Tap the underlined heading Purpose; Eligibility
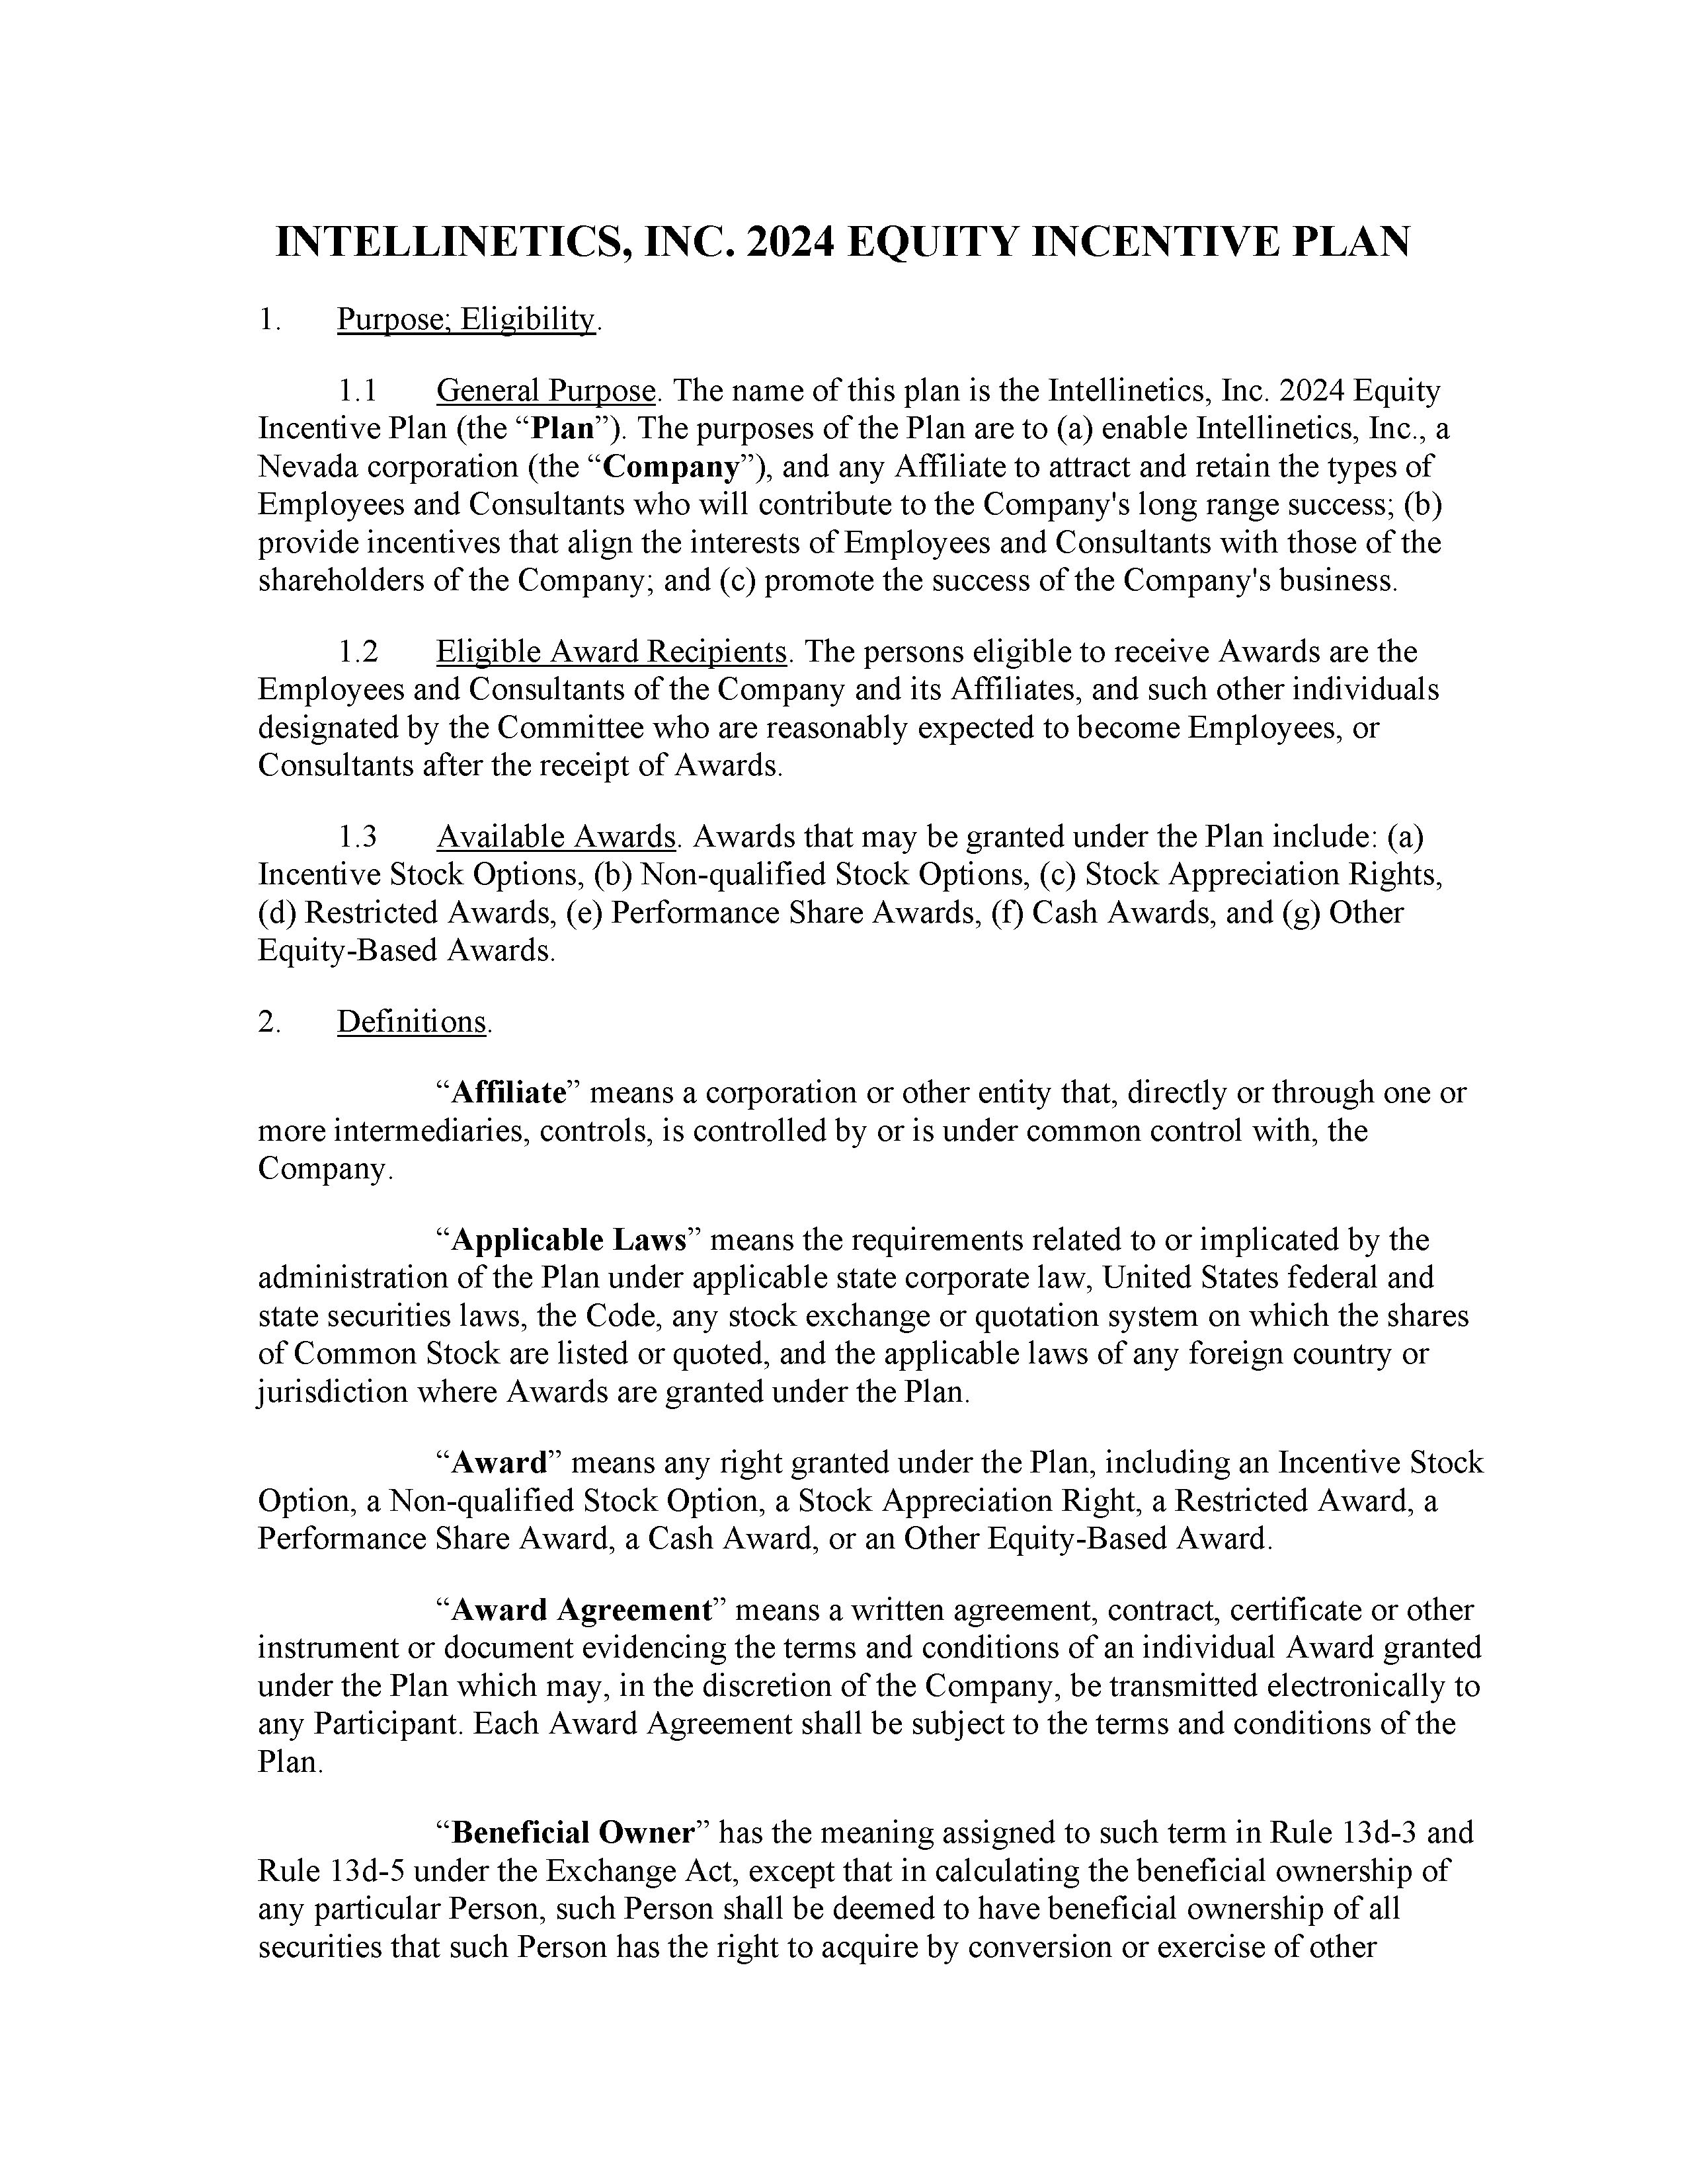(x=466, y=320)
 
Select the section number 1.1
(x=356, y=391)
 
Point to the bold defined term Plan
(x=563, y=428)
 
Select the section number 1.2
(x=356, y=652)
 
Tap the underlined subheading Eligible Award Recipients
(x=612, y=652)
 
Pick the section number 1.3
(x=356, y=837)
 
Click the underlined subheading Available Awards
(x=556, y=837)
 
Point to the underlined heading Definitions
(x=411, y=1022)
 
